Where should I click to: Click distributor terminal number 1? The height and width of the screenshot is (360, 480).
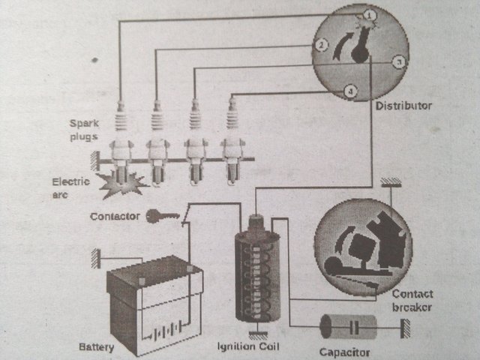tap(370, 15)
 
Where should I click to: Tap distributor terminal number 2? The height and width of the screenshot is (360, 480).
tap(321, 46)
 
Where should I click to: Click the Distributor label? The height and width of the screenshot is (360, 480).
tap(403, 106)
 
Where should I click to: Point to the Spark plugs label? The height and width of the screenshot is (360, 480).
tap(85, 129)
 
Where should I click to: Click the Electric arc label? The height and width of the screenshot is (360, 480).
tap(70, 187)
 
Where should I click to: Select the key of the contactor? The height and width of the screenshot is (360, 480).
tap(158, 216)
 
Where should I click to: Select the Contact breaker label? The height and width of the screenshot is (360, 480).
tap(412, 300)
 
